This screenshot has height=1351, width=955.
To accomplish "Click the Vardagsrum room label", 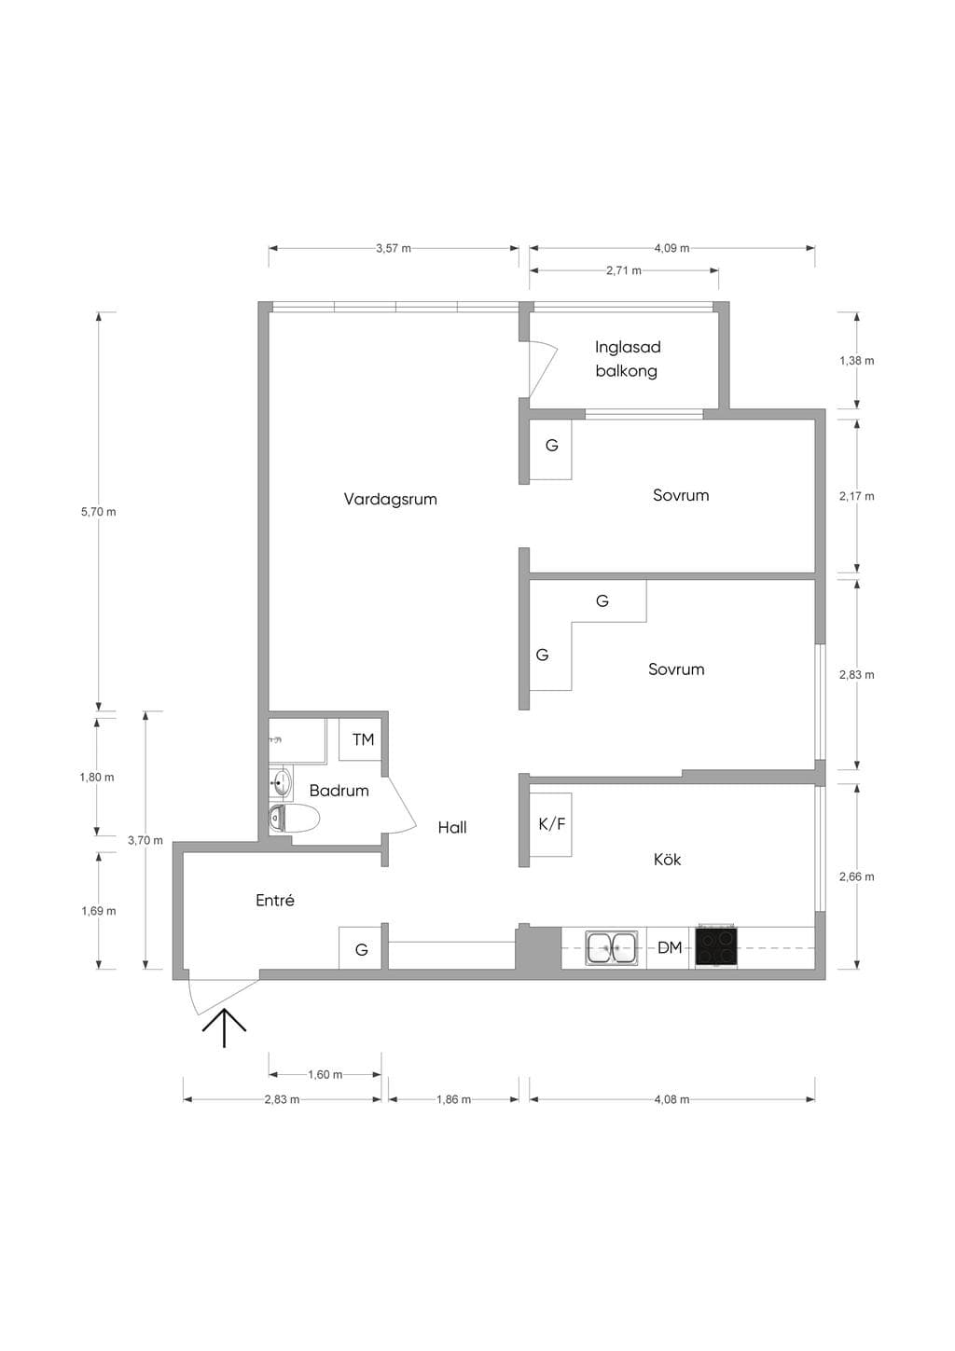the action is click(x=391, y=500).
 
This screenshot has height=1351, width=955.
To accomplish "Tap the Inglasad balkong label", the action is click(x=628, y=359).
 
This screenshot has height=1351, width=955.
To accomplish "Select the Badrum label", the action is click(x=339, y=791).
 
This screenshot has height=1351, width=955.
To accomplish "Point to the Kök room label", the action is click(x=667, y=859).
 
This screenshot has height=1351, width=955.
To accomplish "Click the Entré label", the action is click(x=275, y=901).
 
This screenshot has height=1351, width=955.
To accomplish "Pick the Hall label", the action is click(x=452, y=828).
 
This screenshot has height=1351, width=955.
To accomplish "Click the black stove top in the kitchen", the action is click(x=716, y=947).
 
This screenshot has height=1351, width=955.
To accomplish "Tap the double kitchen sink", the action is click(x=612, y=947).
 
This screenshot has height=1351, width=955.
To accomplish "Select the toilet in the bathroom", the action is click(x=294, y=818).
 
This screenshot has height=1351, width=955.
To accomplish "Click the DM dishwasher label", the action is click(x=670, y=948).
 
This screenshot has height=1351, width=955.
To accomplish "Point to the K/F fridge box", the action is click(x=551, y=824).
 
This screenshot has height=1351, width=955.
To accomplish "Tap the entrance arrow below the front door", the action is click(x=225, y=1027).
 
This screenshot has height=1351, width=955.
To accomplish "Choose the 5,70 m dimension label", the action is click(x=98, y=512).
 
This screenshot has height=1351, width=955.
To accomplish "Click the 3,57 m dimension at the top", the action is click(x=394, y=249).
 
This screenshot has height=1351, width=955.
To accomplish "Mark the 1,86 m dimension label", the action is click(x=453, y=1099).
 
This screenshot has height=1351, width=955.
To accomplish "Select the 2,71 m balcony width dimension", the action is click(x=624, y=270).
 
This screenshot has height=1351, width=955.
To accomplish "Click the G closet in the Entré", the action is click(x=360, y=948).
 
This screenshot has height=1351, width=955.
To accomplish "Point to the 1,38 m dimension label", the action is click(x=857, y=361).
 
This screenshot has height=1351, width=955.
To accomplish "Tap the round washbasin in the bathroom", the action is click(x=281, y=783).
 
